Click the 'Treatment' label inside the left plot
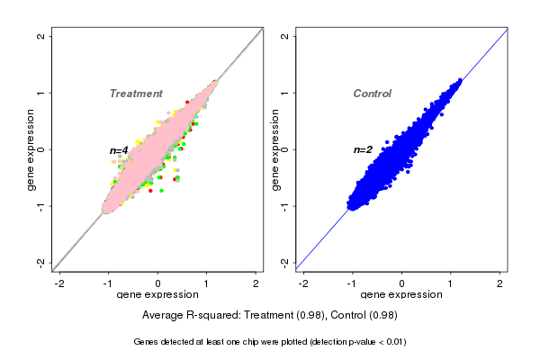click(136, 94)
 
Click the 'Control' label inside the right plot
click(373, 94)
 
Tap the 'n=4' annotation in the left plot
click(119, 149)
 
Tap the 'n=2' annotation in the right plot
click(363, 149)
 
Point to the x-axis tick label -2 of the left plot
click(59, 283)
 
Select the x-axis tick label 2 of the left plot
click(256, 283)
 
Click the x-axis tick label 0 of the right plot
click(402, 283)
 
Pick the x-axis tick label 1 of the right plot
click(452, 283)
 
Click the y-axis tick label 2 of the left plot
click(40, 36)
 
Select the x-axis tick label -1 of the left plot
click(108, 283)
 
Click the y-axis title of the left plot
click(31, 149)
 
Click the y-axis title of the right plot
click(275, 149)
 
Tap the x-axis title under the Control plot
click(402, 295)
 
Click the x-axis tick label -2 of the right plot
click(304, 283)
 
